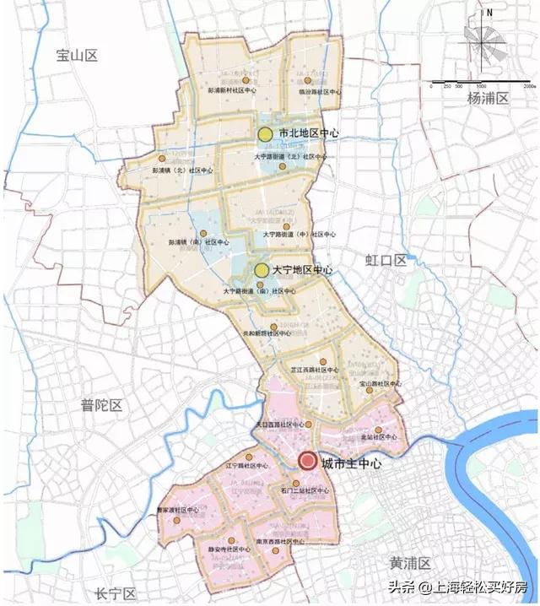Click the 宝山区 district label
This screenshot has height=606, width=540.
(x=78, y=56)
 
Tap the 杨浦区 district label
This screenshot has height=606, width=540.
(x=489, y=99)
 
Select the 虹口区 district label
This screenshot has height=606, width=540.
(x=386, y=260)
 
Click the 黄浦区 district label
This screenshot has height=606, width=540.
(x=410, y=563)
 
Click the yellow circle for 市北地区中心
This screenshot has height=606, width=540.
(x=265, y=134)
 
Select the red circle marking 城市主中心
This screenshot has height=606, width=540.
(x=307, y=462)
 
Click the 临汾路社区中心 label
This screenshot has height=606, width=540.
(x=319, y=92)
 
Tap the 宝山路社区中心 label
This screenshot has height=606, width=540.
(x=379, y=383)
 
